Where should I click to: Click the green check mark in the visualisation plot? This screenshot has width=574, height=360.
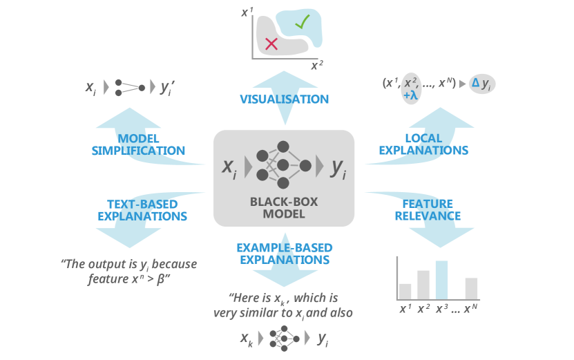[x=302, y=21]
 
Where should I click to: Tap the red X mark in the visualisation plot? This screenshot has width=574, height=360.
[x=271, y=44]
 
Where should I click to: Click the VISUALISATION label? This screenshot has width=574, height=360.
[x=284, y=99]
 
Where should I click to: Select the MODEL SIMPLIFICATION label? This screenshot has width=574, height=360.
[x=138, y=144]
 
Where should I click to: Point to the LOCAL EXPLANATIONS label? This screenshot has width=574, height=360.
[x=433, y=144]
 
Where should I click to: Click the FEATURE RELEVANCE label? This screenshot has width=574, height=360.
[x=428, y=209]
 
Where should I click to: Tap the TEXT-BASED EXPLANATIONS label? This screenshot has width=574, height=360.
[x=142, y=210]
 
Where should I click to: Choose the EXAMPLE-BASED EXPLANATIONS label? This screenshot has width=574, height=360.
[x=284, y=254]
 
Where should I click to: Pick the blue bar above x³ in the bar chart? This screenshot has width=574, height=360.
[x=441, y=280]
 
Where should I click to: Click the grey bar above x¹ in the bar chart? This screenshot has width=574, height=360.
[x=405, y=291]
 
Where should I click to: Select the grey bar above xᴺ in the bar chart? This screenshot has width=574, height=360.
[x=472, y=288]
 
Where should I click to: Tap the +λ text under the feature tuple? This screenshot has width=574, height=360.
[x=411, y=95]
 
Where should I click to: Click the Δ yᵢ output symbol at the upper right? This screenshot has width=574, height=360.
[x=481, y=84]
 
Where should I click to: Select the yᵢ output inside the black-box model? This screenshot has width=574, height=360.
[x=338, y=167]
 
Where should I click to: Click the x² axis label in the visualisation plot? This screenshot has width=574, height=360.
[x=316, y=66]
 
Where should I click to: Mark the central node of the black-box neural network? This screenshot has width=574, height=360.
[x=282, y=164]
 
